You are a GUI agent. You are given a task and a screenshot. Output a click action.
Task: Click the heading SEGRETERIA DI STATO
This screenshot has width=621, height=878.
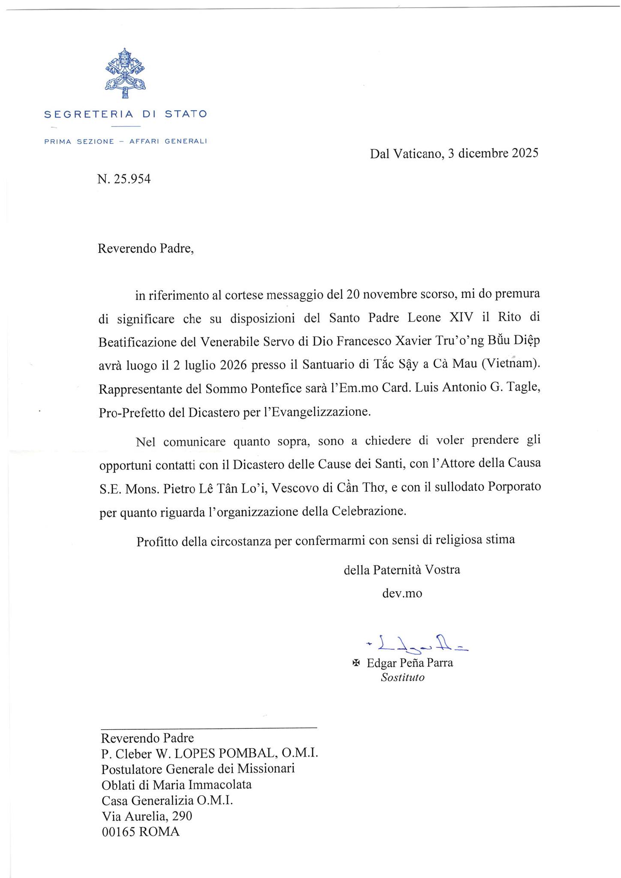pos(126,114)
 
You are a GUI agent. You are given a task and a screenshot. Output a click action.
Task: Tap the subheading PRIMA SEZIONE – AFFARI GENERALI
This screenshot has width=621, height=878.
pos(126,141)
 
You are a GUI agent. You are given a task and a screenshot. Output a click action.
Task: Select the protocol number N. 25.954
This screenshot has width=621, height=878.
pos(124,179)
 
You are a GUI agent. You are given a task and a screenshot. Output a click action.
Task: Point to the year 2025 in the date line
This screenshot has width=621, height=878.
pos(521,153)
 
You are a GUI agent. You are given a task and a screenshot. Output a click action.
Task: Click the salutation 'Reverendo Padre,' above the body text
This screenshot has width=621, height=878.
pos(146,249)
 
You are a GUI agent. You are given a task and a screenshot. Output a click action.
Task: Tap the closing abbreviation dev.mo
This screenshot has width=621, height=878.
pos(402,593)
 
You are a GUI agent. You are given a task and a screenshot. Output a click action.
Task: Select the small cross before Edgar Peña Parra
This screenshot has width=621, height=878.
pos(356,663)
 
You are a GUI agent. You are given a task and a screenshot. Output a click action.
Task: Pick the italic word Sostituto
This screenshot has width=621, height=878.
pos(402,677)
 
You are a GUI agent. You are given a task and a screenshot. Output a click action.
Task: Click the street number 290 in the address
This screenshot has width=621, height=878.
pos(181,815)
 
